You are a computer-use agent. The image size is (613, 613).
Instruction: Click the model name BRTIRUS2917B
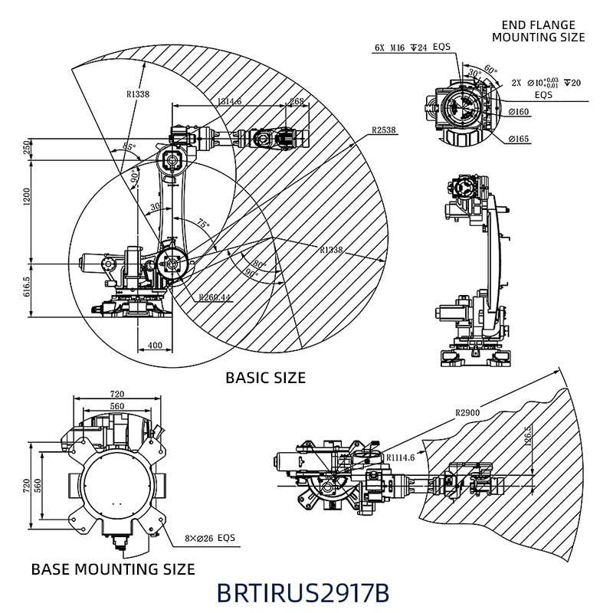click(303, 593)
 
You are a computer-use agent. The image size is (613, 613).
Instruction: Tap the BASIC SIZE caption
click(265, 378)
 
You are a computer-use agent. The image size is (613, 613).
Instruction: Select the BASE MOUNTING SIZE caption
click(113, 569)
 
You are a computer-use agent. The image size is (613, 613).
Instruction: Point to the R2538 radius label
click(383, 130)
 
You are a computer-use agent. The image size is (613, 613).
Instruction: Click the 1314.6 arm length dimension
click(229, 101)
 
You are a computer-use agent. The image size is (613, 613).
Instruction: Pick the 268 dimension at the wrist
click(297, 101)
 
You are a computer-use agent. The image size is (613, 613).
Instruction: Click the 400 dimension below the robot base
click(155, 346)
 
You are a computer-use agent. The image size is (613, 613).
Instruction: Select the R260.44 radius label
click(214, 297)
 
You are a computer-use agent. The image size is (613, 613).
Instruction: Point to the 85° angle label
click(129, 146)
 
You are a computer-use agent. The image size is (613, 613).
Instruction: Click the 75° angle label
click(202, 225)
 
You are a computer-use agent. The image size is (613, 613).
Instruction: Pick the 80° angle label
click(256, 264)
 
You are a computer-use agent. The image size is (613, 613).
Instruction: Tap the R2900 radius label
click(467, 413)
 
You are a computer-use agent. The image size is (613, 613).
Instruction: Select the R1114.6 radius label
click(400, 457)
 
